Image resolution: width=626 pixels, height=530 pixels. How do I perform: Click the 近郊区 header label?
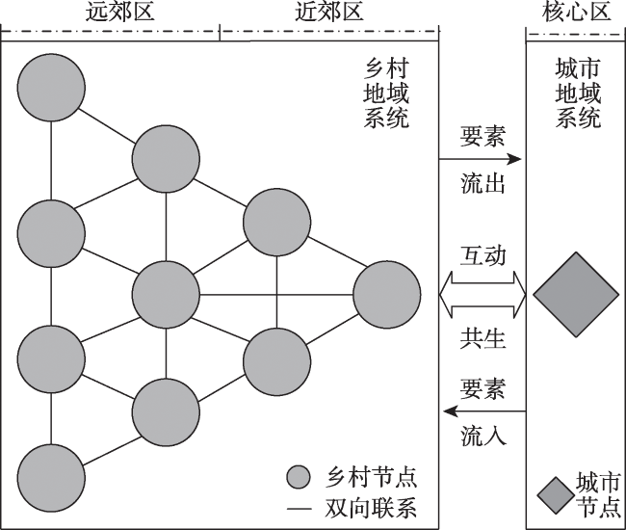[x=329, y=13]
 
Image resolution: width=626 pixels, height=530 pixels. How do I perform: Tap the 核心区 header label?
[x=575, y=13]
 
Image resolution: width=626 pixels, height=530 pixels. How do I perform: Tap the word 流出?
[x=483, y=184]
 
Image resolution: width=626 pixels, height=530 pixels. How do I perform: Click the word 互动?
[x=483, y=255]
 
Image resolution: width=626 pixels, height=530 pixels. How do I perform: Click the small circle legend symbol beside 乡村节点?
[x=300, y=477]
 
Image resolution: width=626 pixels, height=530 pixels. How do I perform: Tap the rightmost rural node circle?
[x=387, y=294]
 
